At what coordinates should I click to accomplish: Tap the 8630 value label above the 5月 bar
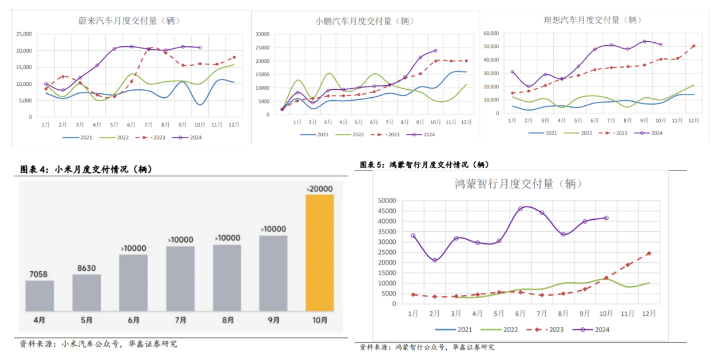click(86, 267)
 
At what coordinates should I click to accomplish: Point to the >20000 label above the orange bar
click(320, 189)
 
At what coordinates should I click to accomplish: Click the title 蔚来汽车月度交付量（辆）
click(129, 21)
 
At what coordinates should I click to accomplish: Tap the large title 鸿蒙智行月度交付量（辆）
click(518, 184)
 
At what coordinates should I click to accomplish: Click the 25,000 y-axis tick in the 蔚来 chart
click(23, 34)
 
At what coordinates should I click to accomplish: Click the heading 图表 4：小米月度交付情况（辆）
click(86, 169)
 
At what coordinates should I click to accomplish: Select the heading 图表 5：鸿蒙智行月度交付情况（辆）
click(425, 165)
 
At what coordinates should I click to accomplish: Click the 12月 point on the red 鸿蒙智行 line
click(649, 253)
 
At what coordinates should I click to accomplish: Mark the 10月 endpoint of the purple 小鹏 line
click(435, 51)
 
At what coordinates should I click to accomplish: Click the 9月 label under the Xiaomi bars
click(273, 321)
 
